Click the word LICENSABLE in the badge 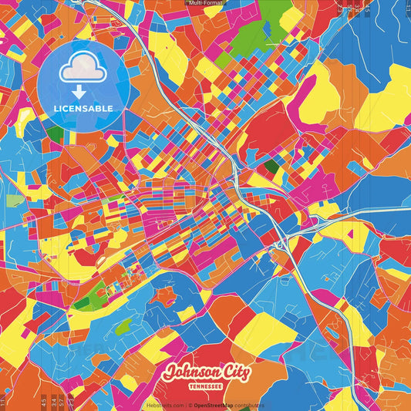tap(83, 107)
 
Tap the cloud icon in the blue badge tap(83, 68)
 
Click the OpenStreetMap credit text tap(218, 405)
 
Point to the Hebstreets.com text tap(163, 405)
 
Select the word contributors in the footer tap(250, 405)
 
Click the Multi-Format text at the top tap(205, 3)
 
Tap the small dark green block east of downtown tap(271, 166)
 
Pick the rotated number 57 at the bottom tap(62, 401)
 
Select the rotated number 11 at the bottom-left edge tap(3, 402)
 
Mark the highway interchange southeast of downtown tap(285, 245)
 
